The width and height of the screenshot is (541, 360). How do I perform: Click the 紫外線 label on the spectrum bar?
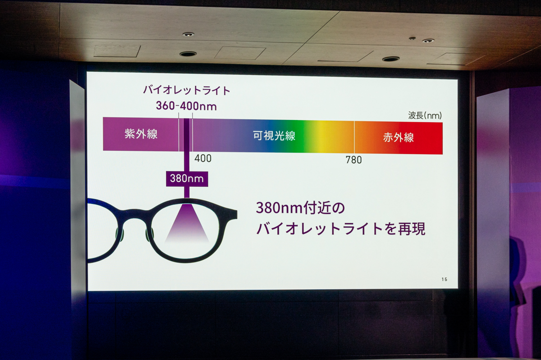point(141,134)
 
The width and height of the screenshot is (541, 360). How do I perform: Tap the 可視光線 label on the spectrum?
point(274,135)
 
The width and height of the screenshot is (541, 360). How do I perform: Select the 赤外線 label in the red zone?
point(398,137)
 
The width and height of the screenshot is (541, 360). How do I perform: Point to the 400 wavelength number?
point(203,158)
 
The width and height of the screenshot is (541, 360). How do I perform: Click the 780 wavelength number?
point(353,160)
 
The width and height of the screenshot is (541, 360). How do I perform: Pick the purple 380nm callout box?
point(187,179)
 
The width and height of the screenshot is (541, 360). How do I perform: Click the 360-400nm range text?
point(186,106)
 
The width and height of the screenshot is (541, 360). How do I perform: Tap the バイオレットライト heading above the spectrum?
point(187,90)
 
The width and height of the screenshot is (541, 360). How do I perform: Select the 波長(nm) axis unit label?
point(425,115)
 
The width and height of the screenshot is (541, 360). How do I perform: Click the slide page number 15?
point(445,279)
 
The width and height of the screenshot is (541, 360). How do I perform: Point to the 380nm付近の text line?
point(300,208)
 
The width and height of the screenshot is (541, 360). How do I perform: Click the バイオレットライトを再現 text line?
point(341,229)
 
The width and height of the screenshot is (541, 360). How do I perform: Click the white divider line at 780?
point(354,137)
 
